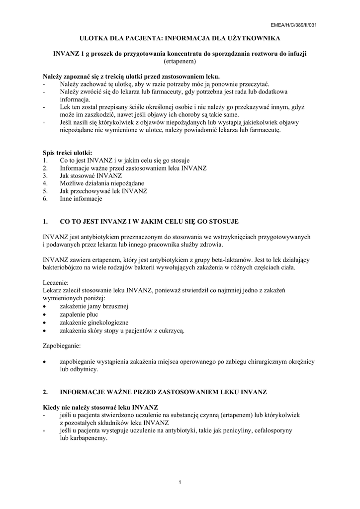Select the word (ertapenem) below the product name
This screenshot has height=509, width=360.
[x=180, y=62]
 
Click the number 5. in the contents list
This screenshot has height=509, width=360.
[x=45, y=191]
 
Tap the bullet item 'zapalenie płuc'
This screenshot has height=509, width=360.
[x=79, y=314]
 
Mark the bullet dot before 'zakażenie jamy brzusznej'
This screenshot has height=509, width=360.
[x=45, y=306]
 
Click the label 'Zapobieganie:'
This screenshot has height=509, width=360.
[x=62, y=345]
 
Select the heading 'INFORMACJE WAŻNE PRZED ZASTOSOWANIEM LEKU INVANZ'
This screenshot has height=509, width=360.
[x=163, y=392]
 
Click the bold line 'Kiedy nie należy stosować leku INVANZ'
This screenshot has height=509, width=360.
[x=101, y=407]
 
